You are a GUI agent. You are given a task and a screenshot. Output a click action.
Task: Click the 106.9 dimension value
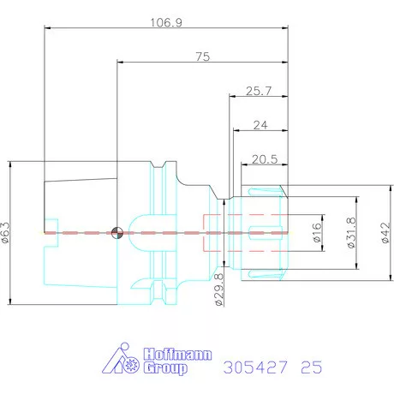[x=166, y=22]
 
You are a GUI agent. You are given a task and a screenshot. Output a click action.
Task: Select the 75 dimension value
[x=203, y=57]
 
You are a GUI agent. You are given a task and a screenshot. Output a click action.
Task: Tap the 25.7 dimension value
[x=259, y=91]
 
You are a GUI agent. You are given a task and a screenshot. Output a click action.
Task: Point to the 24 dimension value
[x=260, y=125]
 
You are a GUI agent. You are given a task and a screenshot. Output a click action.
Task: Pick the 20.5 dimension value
[x=265, y=159]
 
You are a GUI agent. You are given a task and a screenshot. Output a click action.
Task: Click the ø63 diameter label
[x=6, y=232]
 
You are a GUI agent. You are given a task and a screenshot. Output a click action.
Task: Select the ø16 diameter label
[x=317, y=233]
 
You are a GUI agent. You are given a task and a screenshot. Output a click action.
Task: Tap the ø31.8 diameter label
[x=351, y=233]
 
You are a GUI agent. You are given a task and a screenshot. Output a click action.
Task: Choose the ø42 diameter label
[x=385, y=233]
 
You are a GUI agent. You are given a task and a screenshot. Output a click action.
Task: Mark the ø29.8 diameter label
[x=219, y=290]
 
